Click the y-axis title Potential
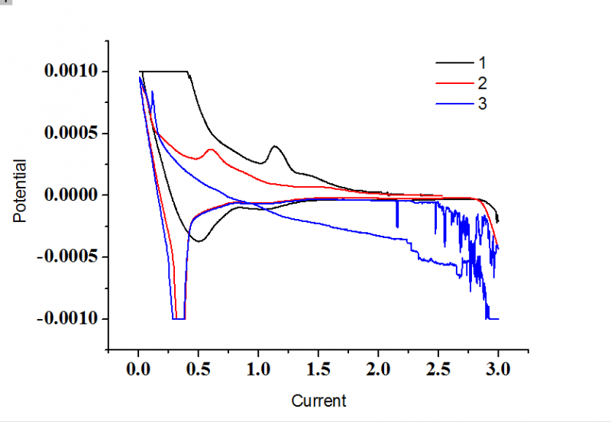coord(20,191)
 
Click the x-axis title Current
coord(318,401)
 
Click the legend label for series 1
coord(482,62)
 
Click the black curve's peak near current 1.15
coord(275,147)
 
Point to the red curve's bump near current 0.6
coord(211,150)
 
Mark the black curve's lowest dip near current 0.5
coord(198,241)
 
